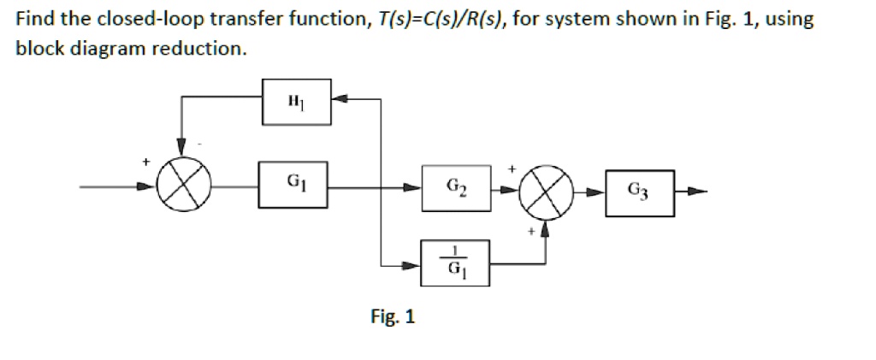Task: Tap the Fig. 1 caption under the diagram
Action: (x=393, y=317)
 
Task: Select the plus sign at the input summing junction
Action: (x=145, y=161)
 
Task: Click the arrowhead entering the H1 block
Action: (x=338, y=99)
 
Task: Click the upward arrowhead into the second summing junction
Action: (x=546, y=227)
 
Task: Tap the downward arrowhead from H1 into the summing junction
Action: (x=181, y=149)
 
